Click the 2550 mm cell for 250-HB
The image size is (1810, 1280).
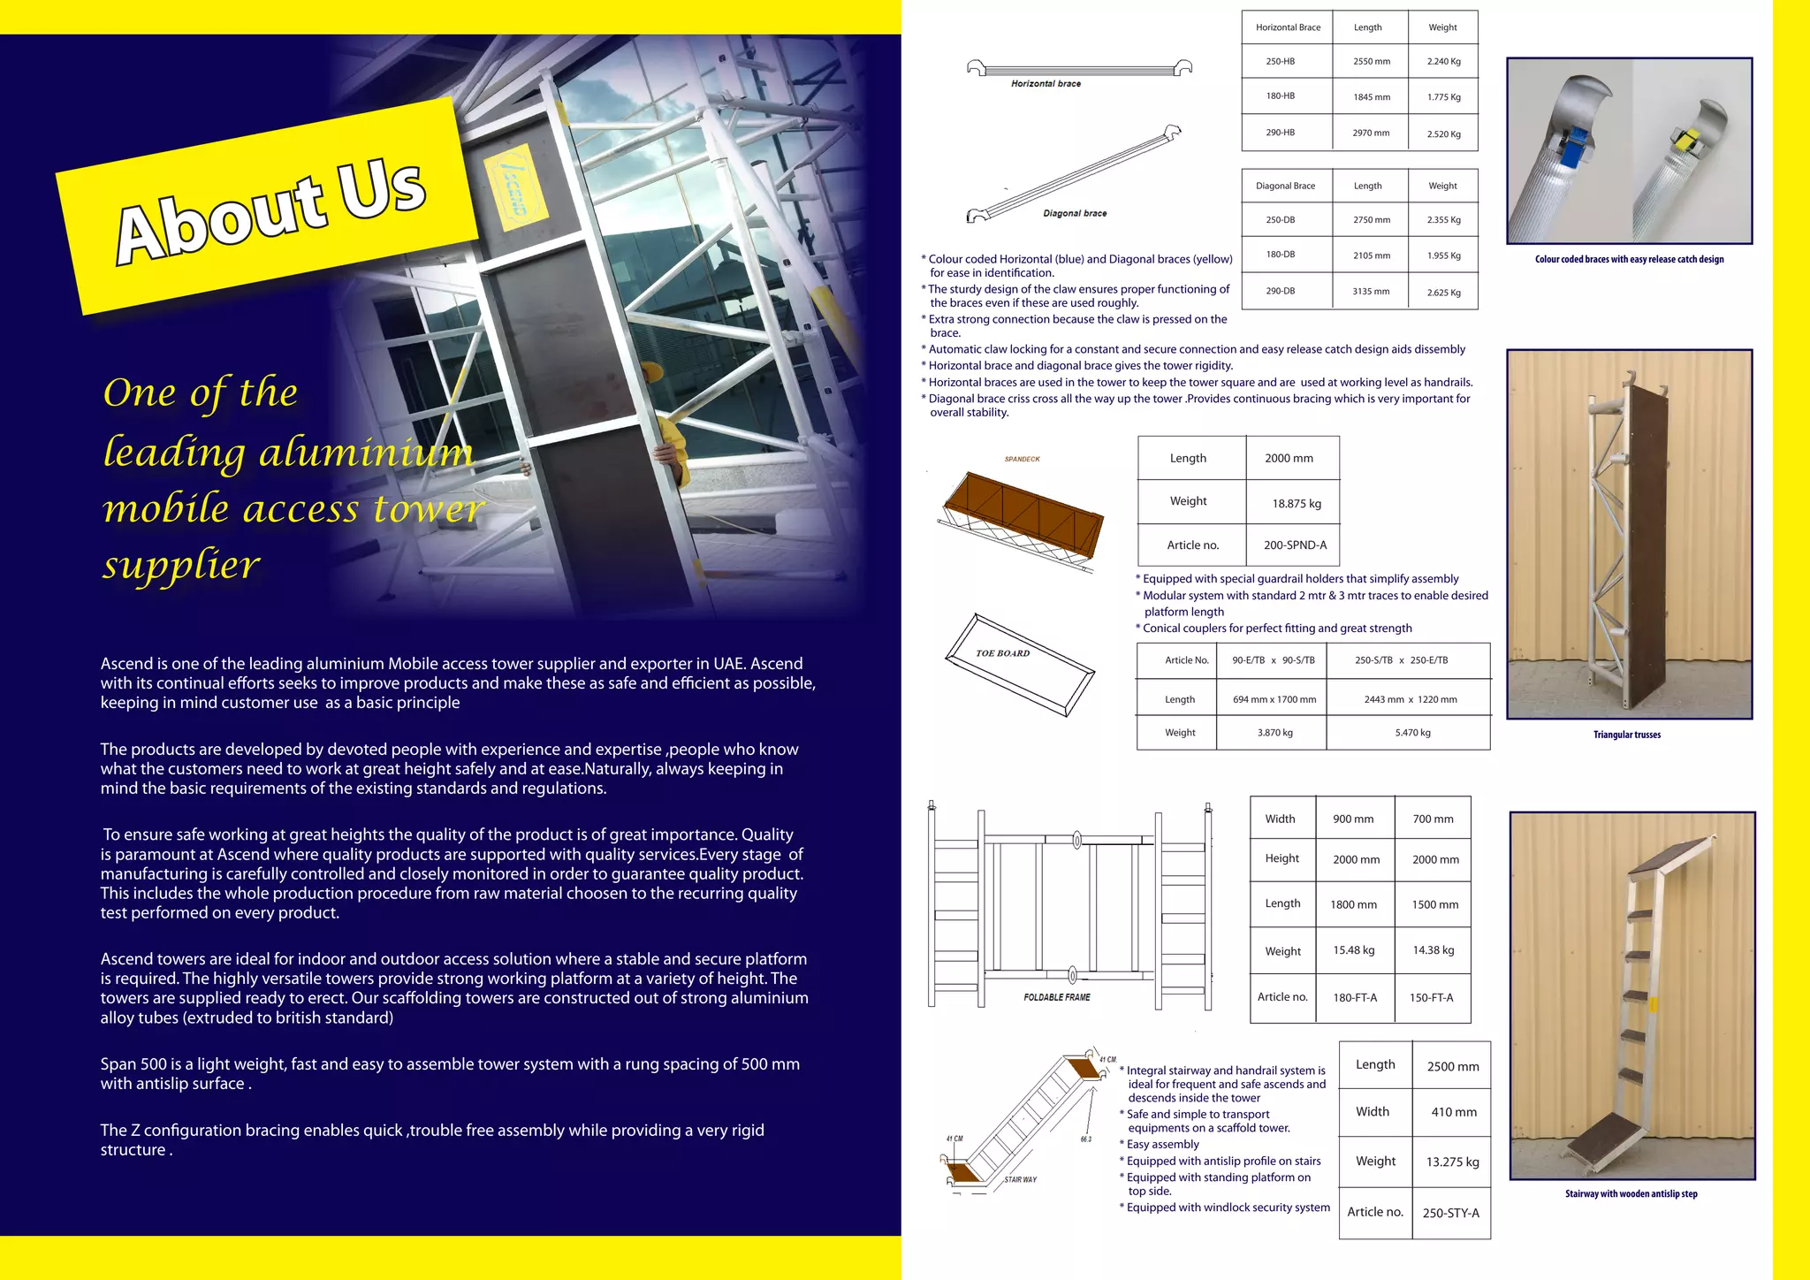click(x=1371, y=62)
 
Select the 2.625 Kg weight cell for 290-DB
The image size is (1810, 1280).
click(x=1443, y=293)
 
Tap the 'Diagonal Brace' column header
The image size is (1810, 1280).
click(x=1285, y=186)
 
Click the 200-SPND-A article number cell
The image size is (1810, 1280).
click(x=1295, y=545)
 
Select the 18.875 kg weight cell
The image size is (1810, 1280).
click(x=1296, y=504)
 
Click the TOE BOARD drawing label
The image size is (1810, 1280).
click(x=1002, y=653)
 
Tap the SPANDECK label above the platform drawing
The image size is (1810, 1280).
click(x=1022, y=459)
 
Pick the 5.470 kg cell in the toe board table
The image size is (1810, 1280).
click(x=1412, y=733)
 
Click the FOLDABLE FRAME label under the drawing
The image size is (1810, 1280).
click(x=1056, y=997)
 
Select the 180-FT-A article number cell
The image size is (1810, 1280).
click(x=1355, y=998)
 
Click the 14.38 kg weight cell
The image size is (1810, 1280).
click(x=1433, y=950)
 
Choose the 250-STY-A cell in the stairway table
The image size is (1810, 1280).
click(x=1450, y=1213)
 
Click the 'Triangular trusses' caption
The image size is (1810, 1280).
click(x=1626, y=735)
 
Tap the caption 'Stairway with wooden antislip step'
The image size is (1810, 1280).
click(x=1631, y=1193)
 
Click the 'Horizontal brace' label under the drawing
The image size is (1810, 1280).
click(x=1046, y=84)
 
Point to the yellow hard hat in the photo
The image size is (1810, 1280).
click(x=651, y=372)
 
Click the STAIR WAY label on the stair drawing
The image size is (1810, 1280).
click(x=1020, y=1179)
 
